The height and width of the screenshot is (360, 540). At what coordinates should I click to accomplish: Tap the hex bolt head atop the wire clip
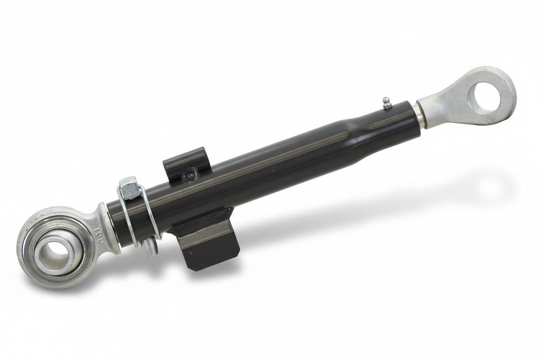pos(129,187)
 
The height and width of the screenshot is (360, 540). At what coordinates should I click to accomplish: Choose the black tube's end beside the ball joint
pos(114,221)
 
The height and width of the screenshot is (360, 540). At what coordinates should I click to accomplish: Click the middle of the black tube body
pos(267,165)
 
